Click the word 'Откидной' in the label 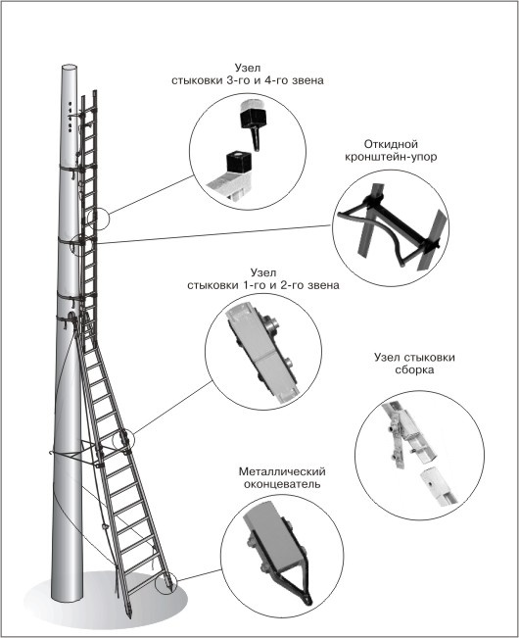pos(391,144)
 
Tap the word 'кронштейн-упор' pos(391,157)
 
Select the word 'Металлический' pos(282,471)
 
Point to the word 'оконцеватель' pos(282,484)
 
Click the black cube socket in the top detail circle pos(239,163)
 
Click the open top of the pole pos(70,68)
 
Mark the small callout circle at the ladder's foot pos(166,583)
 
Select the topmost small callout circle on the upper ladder pos(98,219)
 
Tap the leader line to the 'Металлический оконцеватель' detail pos(200,575)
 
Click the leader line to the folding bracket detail pos(212,234)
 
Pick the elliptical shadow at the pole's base pos(106,599)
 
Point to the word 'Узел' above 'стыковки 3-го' pos(247,68)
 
